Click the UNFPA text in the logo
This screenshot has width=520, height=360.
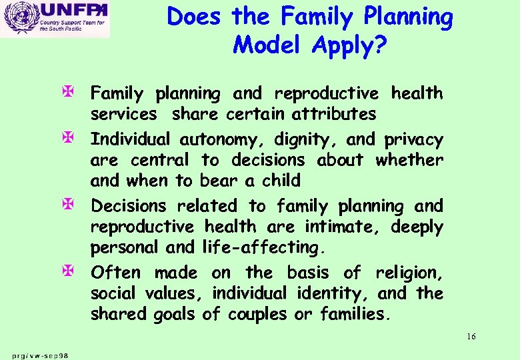[x=73, y=11]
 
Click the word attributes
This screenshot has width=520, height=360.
[x=335, y=114]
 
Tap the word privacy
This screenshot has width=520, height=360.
[x=413, y=140]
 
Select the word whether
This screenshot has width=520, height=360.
[x=409, y=160]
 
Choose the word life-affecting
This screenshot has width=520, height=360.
[x=262, y=247]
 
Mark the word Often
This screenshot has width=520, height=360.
[x=115, y=273]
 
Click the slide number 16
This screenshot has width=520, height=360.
[x=471, y=337]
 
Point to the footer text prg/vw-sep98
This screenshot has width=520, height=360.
[x=40, y=355]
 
